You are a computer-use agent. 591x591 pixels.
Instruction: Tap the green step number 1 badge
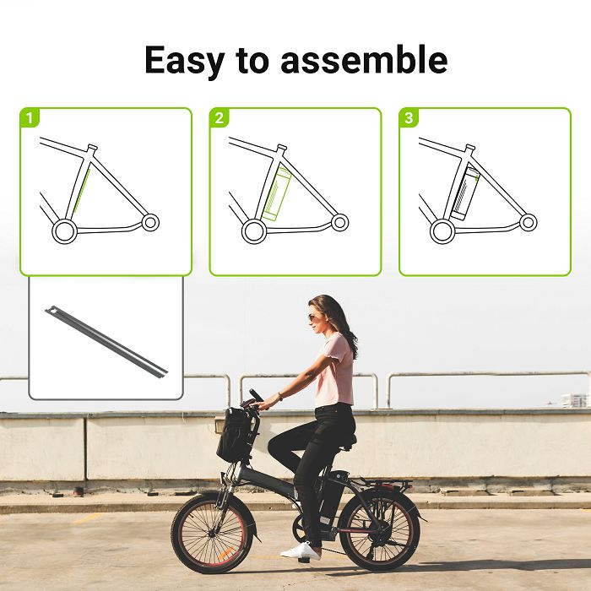[x=30, y=118]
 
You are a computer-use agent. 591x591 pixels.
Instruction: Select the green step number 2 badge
[x=220, y=118]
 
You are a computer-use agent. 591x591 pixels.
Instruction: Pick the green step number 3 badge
[x=409, y=118]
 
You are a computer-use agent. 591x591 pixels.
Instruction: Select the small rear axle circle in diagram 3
[x=528, y=222]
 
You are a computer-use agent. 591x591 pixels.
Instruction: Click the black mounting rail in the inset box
[x=107, y=340]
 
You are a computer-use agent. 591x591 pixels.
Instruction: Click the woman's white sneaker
[x=301, y=551]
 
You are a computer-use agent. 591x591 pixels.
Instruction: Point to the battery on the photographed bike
[x=333, y=490]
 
